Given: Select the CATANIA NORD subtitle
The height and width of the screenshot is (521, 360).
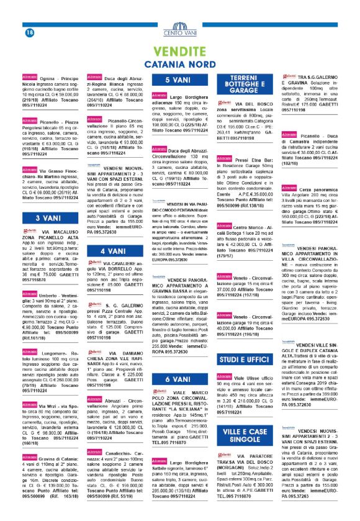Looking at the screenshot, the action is pyautogui.click(x=180, y=64).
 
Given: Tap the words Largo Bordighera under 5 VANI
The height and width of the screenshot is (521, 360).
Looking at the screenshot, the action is pyautogui.click(x=189, y=97).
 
